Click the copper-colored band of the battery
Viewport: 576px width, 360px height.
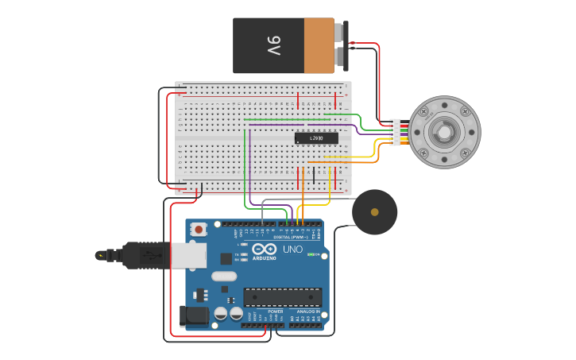pyautogui.click(x=319, y=46)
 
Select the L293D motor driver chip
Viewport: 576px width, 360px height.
pyautogui.click(x=316, y=138)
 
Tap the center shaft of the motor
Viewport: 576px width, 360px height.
pyautogui.click(x=444, y=132)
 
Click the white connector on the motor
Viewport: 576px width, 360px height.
pyautogui.click(x=395, y=132)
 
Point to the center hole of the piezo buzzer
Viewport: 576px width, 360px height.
pyautogui.click(x=374, y=211)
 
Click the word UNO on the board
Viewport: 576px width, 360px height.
pyautogui.click(x=292, y=250)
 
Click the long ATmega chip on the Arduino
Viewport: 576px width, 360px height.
pyautogui.click(x=282, y=297)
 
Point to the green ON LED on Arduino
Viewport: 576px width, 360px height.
pyautogui.click(x=312, y=255)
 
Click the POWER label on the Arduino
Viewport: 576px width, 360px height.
pyautogui.click(x=275, y=311)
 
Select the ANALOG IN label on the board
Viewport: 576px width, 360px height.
pyautogui.click(x=307, y=311)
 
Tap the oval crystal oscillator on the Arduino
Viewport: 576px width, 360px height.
pyautogui.click(x=224, y=276)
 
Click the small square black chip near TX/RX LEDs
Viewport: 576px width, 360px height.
pyautogui.click(x=226, y=258)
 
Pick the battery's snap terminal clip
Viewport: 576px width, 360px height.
pyautogui.click(x=342, y=45)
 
